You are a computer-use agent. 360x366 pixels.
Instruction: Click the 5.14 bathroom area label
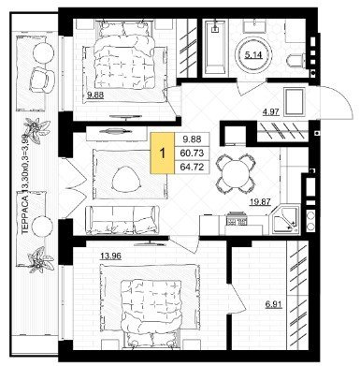253,55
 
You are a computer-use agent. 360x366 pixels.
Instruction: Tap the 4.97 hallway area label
270,111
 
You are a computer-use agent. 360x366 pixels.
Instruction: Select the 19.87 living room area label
260,202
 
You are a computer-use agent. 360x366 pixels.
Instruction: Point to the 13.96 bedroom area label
110,256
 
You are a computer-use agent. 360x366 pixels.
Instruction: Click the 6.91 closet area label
274,304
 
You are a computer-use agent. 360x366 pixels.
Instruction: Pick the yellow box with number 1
163,153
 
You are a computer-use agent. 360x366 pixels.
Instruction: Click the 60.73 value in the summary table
193,153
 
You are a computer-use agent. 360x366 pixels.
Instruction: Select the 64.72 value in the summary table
193,167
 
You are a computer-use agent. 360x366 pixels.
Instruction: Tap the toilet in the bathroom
296,60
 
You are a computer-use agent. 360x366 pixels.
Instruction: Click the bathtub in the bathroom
215,48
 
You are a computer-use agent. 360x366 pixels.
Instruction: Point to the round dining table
236,174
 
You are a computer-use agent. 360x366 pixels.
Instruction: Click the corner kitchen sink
284,218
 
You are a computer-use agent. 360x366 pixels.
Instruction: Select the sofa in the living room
122,219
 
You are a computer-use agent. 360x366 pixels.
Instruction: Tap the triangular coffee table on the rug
126,178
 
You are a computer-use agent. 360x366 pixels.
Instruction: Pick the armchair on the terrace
41,81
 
